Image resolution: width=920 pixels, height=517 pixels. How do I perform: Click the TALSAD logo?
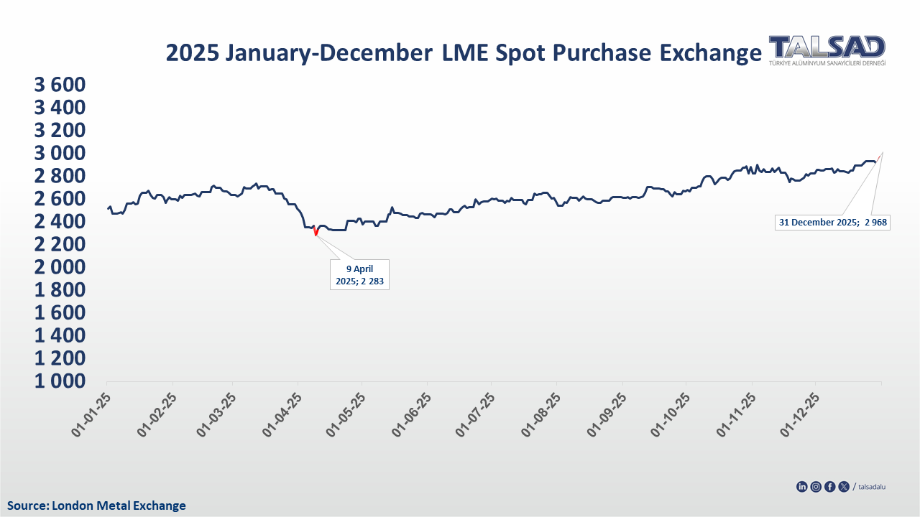click(827, 50)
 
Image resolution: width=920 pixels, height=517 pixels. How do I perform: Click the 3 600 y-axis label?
click(60, 85)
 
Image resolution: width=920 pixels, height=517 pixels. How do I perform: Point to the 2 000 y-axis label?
click(60, 267)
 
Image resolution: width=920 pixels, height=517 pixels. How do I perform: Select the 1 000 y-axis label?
click(60, 381)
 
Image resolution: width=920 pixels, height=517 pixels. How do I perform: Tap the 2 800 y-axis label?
click(60, 176)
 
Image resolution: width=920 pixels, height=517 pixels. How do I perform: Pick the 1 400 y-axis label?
click(60, 335)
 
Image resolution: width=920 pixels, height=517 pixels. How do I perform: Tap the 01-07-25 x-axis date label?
click(477, 415)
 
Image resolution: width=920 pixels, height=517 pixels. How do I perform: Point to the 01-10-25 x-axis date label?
click(669, 415)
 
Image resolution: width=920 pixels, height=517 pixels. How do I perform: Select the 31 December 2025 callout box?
click(833, 223)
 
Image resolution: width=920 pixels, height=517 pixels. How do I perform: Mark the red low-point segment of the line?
click(316, 232)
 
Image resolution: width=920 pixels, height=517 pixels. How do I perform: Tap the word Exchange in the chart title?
click(710, 54)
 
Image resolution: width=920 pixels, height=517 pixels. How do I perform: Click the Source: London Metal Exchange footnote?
click(96, 506)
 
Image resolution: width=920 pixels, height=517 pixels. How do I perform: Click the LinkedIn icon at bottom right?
click(802, 487)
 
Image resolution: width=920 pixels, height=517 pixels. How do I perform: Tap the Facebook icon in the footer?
click(830, 487)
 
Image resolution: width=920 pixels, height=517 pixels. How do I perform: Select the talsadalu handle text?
click(873, 487)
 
